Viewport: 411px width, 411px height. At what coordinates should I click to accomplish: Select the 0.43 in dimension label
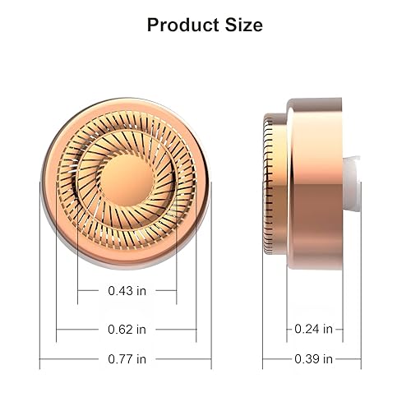click(127, 290)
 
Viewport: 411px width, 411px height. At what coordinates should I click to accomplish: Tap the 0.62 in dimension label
click(127, 330)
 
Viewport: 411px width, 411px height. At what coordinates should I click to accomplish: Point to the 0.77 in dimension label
click(127, 359)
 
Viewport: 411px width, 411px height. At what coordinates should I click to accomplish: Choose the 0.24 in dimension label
click(313, 330)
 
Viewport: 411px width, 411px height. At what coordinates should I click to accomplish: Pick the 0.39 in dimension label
click(313, 359)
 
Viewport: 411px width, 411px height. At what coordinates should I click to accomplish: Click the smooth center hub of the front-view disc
click(126, 168)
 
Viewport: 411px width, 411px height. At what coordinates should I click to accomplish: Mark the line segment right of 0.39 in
click(349, 359)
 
